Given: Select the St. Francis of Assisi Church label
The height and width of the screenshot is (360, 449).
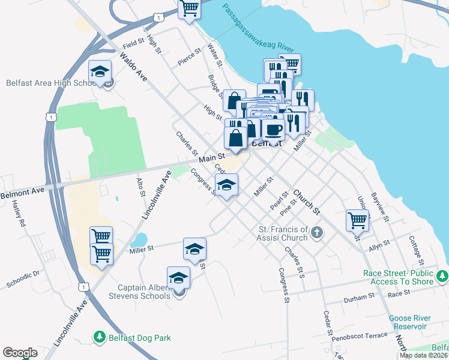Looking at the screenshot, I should (x=283, y=233).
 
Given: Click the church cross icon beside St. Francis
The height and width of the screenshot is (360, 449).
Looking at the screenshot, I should (x=317, y=232).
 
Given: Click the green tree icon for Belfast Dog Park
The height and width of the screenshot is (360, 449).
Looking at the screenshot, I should (x=99, y=337).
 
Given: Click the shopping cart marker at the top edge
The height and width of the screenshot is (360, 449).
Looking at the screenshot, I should (x=190, y=8).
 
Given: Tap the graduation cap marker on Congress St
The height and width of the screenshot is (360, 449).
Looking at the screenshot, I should (x=226, y=185).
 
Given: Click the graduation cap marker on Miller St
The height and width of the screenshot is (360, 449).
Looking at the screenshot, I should (x=194, y=249).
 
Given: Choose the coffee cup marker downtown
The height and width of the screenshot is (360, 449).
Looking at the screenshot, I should (x=274, y=129).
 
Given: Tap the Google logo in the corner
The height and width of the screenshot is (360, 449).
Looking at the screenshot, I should (x=20, y=353).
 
